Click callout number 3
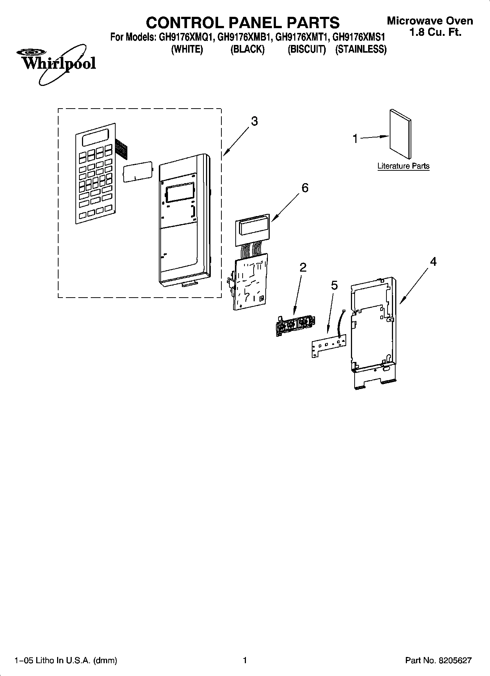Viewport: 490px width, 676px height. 254,121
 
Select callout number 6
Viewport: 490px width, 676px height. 304,188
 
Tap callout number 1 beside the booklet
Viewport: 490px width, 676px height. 355,139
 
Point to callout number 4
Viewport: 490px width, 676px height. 433,261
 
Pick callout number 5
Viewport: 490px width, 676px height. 334,285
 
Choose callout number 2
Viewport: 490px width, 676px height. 303,267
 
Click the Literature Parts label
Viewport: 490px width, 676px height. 403,166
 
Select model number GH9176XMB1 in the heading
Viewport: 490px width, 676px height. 244,37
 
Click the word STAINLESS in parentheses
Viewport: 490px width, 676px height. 361,49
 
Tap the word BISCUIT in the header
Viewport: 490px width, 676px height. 307,49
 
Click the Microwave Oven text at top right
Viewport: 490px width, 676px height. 430,21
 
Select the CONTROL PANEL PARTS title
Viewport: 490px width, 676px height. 243,23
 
